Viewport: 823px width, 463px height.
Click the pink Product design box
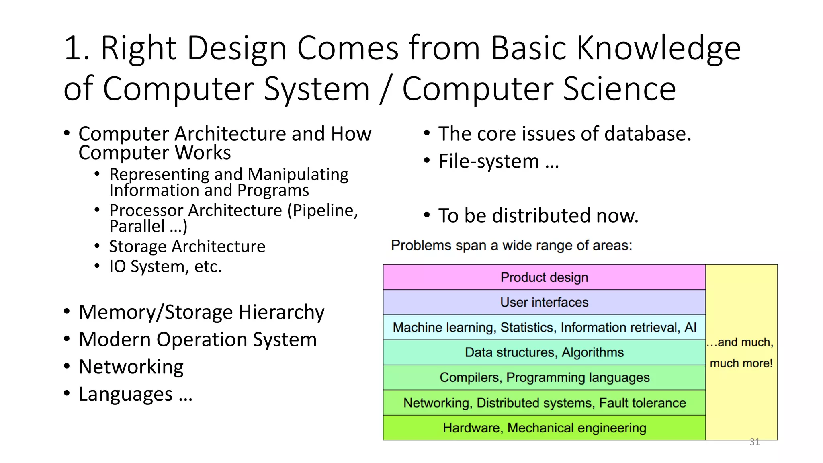[x=544, y=277]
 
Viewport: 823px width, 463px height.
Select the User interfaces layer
[x=544, y=302]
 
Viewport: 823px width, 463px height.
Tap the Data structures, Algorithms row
[x=544, y=352]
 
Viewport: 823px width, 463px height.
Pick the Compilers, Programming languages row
[x=544, y=377]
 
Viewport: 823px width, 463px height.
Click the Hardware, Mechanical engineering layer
[x=544, y=428]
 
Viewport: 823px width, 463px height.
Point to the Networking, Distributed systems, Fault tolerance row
[x=544, y=403]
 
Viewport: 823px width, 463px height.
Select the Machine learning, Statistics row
[x=544, y=328]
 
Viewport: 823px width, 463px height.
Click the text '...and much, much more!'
[x=741, y=352]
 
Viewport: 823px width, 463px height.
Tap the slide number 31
[x=754, y=442]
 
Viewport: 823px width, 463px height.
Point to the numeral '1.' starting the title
[x=76, y=48]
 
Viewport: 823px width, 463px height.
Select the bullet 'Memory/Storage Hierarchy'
[x=201, y=312]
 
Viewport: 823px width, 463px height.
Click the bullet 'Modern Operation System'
[x=197, y=340]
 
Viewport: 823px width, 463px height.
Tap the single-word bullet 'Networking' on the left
[x=131, y=367]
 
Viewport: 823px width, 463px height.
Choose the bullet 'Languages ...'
[x=135, y=394]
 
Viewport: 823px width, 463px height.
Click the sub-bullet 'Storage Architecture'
[x=187, y=246]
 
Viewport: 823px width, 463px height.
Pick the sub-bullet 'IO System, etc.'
[x=165, y=266]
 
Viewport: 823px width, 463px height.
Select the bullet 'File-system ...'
[x=498, y=161]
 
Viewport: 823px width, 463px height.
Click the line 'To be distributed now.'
[x=538, y=216]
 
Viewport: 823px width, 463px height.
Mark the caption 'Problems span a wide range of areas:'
[x=511, y=245]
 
